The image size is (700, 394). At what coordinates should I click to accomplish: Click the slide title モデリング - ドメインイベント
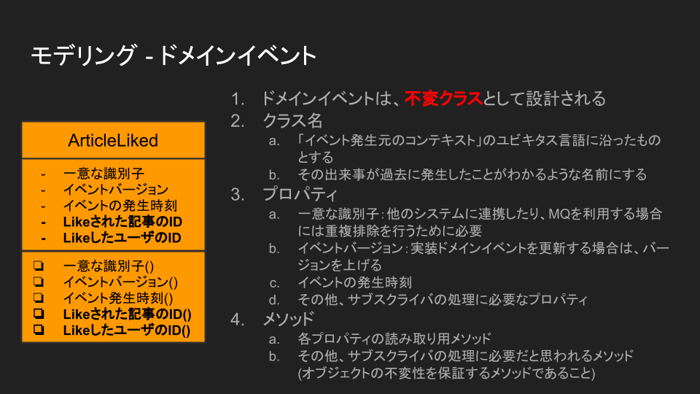pyautogui.click(x=174, y=55)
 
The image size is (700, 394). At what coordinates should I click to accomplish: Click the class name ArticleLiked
pyautogui.click(x=113, y=140)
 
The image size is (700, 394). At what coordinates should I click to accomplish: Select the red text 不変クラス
pyautogui.click(x=444, y=98)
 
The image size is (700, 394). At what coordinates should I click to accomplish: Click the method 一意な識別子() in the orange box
pyautogui.click(x=114, y=266)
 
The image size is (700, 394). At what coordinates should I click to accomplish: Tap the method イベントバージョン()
pyautogui.click(x=120, y=282)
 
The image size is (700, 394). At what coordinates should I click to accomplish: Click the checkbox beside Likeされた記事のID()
pyautogui.click(x=38, y=314)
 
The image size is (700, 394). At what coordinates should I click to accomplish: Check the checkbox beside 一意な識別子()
pyautogui.click(x=38, y=266)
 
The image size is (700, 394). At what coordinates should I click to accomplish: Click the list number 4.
pyautogui.click(x=238, y=319)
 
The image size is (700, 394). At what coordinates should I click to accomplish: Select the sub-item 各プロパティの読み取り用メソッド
pyautogui.click(x=394, y=338)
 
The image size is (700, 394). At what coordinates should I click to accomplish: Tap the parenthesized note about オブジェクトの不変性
pyautogui.click(x=446, y=374)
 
